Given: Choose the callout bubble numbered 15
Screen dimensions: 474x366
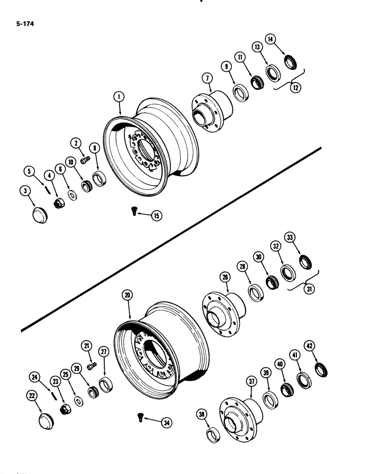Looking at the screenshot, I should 155,216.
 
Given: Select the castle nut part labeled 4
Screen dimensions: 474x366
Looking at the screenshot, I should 61,204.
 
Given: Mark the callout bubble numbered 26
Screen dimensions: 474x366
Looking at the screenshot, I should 224,276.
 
